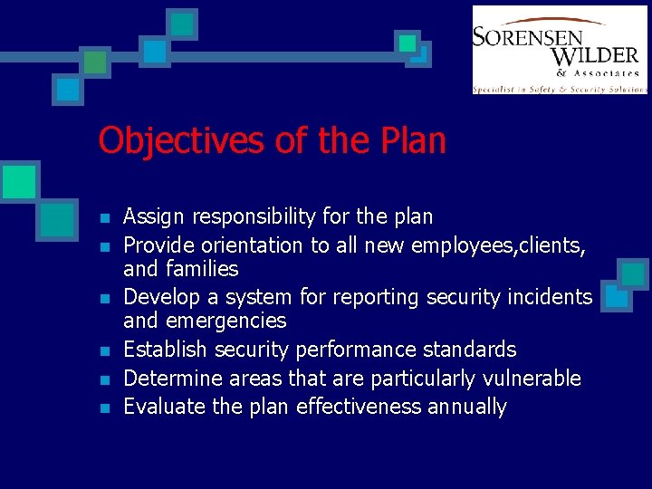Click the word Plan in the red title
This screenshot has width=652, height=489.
(x=414, y=141)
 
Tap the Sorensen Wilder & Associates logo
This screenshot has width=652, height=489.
(x=559, y=50)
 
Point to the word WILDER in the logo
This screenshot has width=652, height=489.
(x=593, y=56)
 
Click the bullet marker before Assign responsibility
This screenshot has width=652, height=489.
(x=106, y=218)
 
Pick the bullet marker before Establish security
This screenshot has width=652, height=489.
(x=106, y=351)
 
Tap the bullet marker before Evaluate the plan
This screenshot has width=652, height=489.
(x=106, y=408)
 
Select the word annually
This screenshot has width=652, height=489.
(x=467, y=407)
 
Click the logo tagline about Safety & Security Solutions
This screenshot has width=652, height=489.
(x=559, y=89)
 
